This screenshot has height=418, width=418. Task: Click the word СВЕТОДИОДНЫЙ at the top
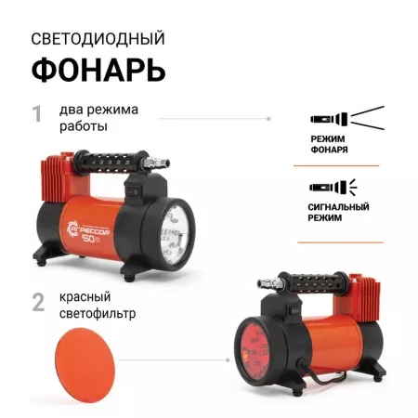coord(98,39)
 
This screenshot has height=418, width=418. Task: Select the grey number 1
coord(37,114)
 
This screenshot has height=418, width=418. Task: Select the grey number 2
coord(38,301)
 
